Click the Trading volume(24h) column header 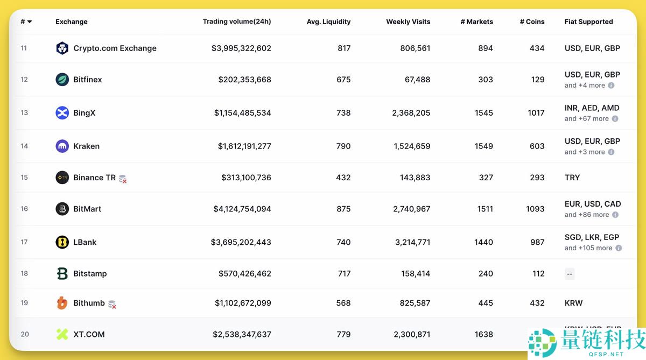[237, 22]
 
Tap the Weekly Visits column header [408, 22]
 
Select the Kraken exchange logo [62, 146]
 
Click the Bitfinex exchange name [88, 80]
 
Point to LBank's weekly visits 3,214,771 [412, 242]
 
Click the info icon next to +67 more [615, 119]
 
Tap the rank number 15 [24, 178]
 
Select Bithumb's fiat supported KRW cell [574, 303]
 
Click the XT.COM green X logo [62, 334]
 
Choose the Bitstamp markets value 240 [486, 273]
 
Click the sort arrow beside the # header [30, 22]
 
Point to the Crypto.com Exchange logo [62, 48]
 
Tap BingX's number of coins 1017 [536, 113]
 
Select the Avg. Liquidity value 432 [343, 178]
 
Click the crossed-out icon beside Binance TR [123, 179]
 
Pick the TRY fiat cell [572, 178]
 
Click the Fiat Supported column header [588, 22]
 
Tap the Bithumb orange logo [62, 303]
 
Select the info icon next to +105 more [619, 248]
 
